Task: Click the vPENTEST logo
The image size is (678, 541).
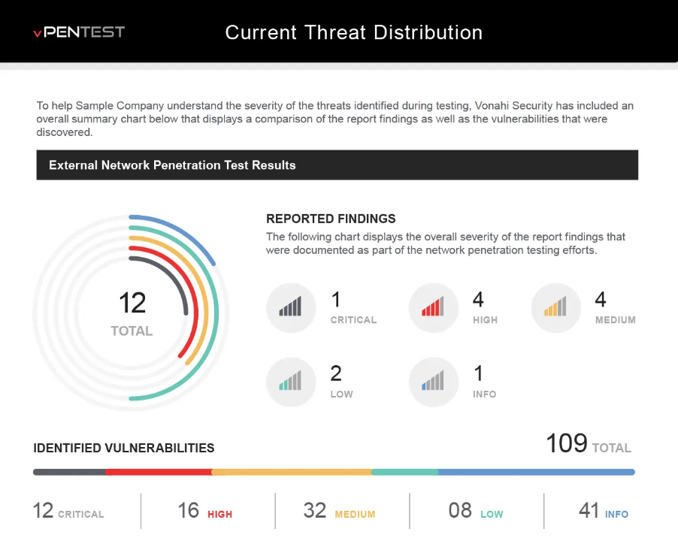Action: coord(79,32)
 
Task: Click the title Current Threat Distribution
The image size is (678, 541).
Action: coord(354,32)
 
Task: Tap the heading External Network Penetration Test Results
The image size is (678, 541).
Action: coord(172,165)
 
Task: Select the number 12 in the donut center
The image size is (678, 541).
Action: coord(132,303)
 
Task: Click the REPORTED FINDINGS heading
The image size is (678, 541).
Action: coord(331,219)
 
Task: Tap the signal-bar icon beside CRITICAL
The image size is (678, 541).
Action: coord(291,307)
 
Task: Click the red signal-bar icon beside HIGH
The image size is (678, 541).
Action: coord(433,307)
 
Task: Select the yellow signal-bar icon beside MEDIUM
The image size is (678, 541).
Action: coord(555,307)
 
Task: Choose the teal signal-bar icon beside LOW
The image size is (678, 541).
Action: coord(291,382)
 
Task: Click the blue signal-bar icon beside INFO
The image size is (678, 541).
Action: coord(433,382)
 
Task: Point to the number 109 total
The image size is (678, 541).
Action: coord(567,443)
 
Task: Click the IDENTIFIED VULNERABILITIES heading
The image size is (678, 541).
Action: coord(124,448)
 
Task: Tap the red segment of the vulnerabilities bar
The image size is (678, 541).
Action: coord(159,473)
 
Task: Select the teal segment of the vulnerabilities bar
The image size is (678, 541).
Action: coord(404,473)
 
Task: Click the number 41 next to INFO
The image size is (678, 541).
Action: coord(589,510)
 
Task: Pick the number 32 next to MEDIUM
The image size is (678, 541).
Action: coord(314,510)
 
